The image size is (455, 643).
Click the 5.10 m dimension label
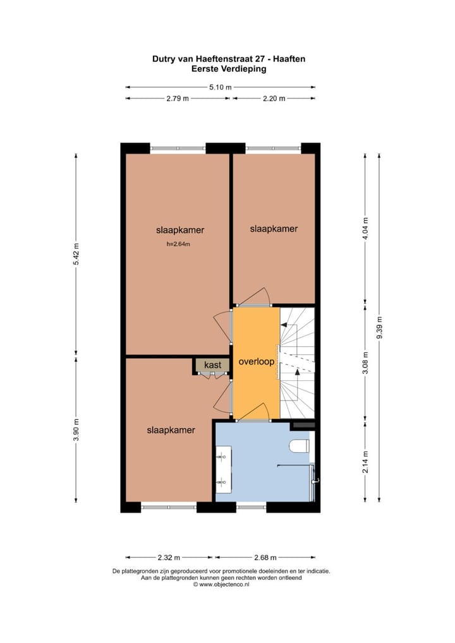220,87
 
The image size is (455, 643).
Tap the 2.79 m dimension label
177,99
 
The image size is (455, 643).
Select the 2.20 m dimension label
273,99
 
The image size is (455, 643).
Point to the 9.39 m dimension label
379,327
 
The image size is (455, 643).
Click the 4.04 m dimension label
365,227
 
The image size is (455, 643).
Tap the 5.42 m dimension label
76,253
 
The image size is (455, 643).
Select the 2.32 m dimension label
169,558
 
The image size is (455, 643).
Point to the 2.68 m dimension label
264,558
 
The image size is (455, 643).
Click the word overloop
256,362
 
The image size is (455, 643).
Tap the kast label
212,365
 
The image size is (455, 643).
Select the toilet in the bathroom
300,446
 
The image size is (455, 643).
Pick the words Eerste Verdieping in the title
229,69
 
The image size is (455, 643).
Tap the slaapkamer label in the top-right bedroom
273,229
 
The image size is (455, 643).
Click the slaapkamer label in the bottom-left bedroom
171,430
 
